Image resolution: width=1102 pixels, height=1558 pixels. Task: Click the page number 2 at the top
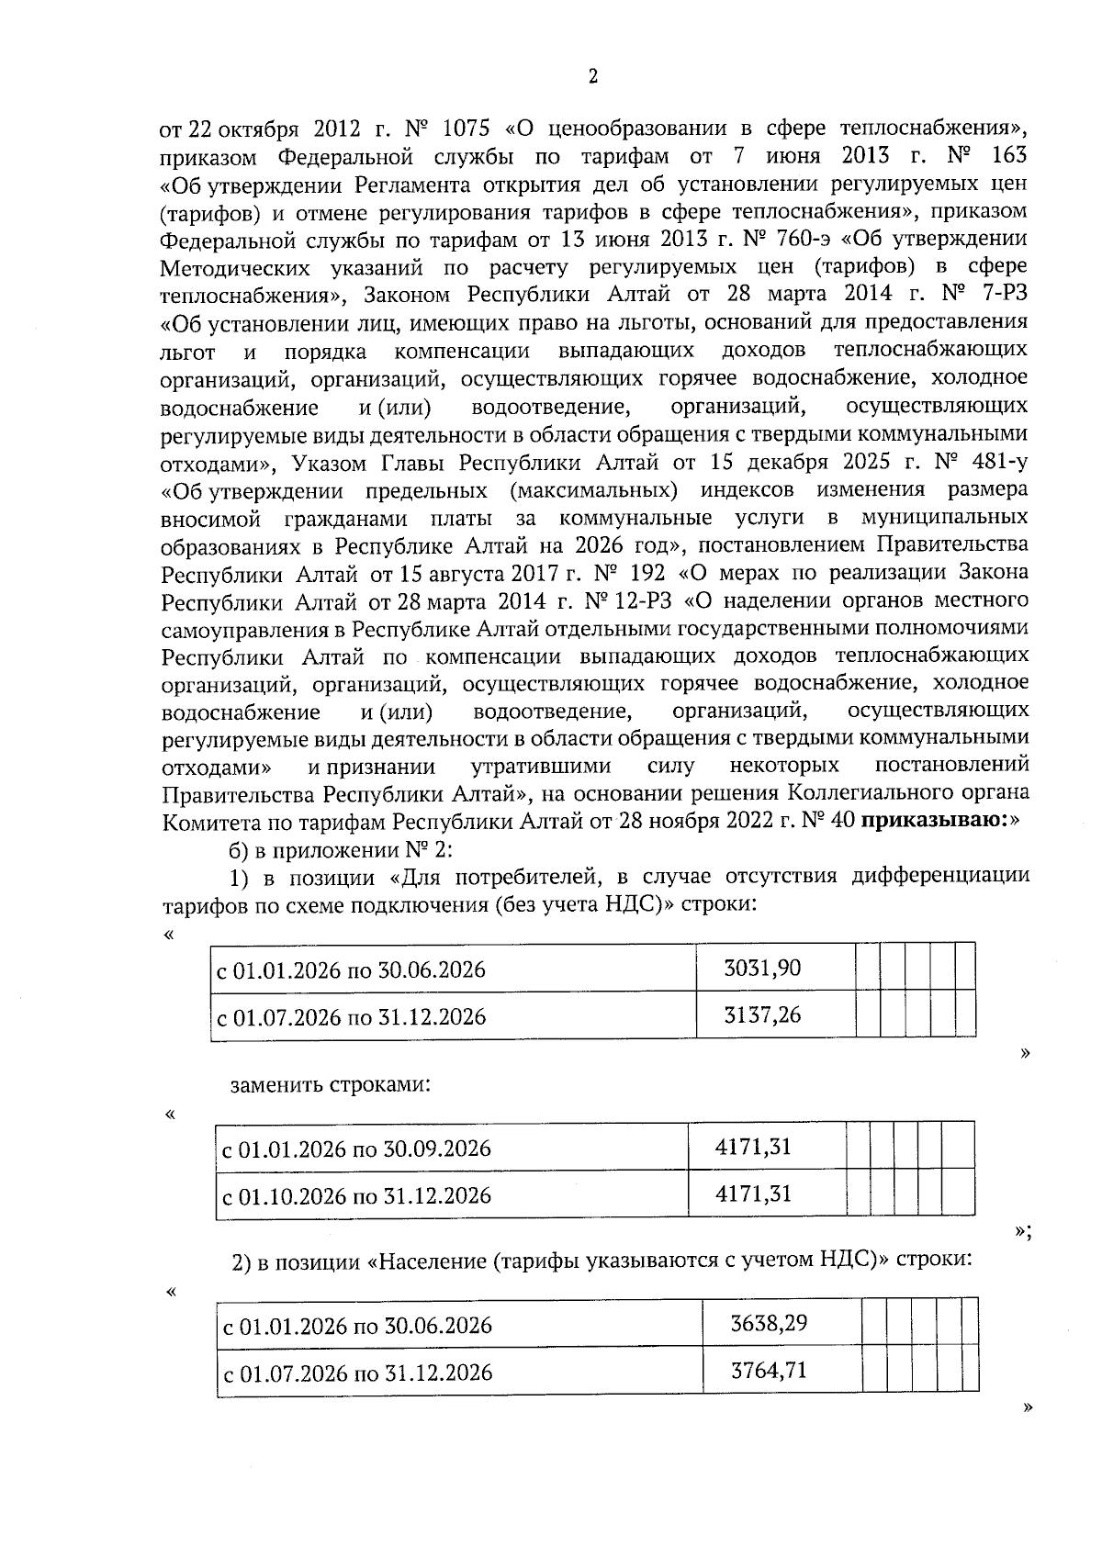(x=592, y=77)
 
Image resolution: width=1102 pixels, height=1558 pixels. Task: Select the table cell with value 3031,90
(x=762, y=968)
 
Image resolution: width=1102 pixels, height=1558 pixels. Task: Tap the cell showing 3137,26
(x=762, y=1015)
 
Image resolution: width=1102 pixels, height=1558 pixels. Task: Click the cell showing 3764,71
(x=769, y=1371)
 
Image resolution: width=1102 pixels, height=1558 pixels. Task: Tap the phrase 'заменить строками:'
(x=331, y=1084)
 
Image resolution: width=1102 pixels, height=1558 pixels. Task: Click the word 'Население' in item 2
(x=425, y=1261)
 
